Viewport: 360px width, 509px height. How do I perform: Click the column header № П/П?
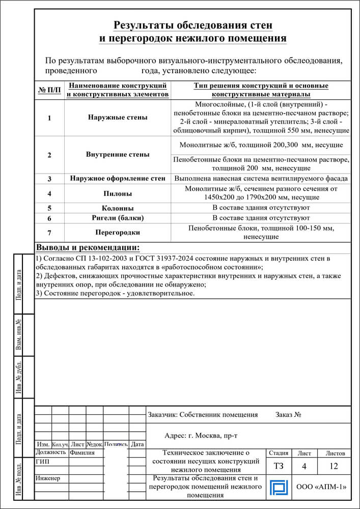coord(49,91)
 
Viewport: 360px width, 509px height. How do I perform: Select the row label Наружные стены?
coord(118,118)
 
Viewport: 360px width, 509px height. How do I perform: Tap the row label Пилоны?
coord(118,193)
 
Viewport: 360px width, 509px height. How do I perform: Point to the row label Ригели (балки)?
coord(118,218)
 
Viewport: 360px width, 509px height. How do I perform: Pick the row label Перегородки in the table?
coord(118,232)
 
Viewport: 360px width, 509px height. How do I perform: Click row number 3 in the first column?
coord(49,179)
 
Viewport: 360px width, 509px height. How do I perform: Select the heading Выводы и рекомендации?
coord(88,248)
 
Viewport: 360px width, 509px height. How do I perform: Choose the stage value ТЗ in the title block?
coord(279,466)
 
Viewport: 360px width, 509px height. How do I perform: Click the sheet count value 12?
coord(334,466)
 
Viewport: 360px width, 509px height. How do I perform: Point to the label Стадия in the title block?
coord(279,453)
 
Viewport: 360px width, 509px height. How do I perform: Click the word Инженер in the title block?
coord(48,478)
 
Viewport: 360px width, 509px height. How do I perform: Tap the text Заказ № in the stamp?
coord(289,415)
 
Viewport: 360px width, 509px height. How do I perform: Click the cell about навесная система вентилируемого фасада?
coord(261,179)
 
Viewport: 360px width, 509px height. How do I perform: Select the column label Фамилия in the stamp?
coord(82,453)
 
